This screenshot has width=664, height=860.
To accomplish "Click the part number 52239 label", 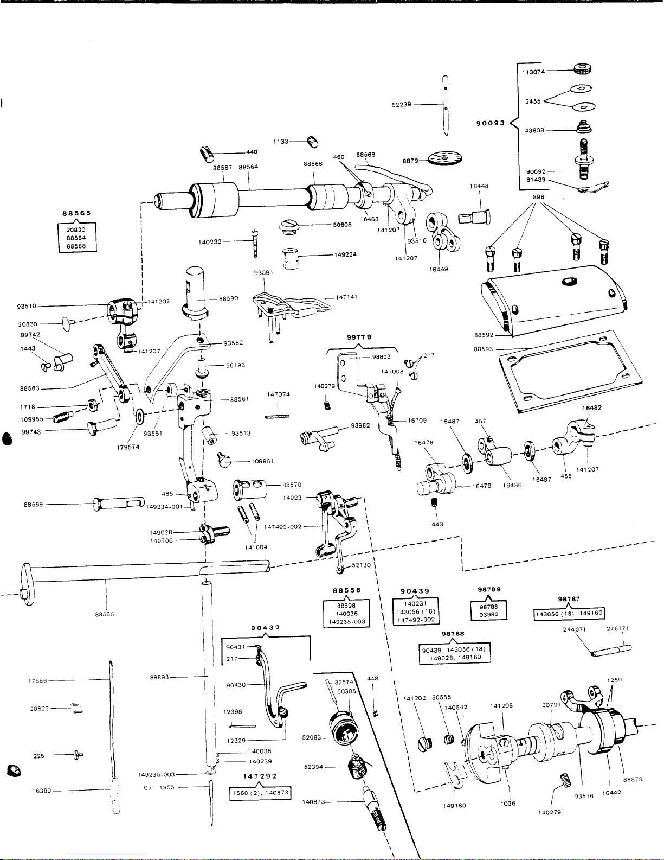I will (402, 105).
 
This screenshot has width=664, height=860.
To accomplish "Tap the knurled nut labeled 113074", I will (583, 69).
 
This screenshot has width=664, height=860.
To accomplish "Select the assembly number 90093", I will (490, 123).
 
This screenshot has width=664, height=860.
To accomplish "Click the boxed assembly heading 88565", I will (76, 213).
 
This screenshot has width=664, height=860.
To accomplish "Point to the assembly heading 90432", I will (265, 627).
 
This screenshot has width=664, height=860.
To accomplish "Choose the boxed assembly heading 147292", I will (260, 776).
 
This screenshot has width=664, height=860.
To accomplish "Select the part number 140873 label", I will (314, 801).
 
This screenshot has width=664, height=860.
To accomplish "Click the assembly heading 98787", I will (569, 599).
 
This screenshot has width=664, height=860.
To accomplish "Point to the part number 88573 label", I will (633, 779).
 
